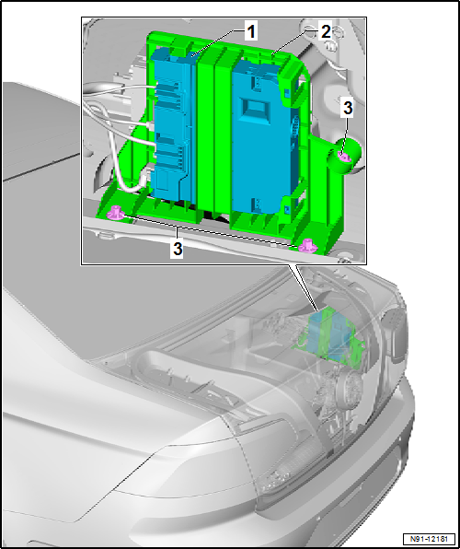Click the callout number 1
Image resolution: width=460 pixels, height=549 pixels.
pos(250,32)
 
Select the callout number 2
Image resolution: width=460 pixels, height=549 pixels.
pos(325,32)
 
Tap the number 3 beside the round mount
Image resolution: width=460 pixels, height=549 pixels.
pos(348,108)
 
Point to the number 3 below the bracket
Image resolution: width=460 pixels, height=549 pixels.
pos(178,250)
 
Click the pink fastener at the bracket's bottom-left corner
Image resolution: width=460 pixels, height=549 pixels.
pos(116,213)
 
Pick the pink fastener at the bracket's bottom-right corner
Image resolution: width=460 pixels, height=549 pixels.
pos(308,245)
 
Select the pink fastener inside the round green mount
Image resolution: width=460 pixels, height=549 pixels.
pos(345,157)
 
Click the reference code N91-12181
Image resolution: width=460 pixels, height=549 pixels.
pos(430,538)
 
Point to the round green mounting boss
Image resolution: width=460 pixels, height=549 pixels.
pos(345,156)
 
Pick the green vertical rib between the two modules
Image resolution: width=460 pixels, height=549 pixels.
pos(206,133)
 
